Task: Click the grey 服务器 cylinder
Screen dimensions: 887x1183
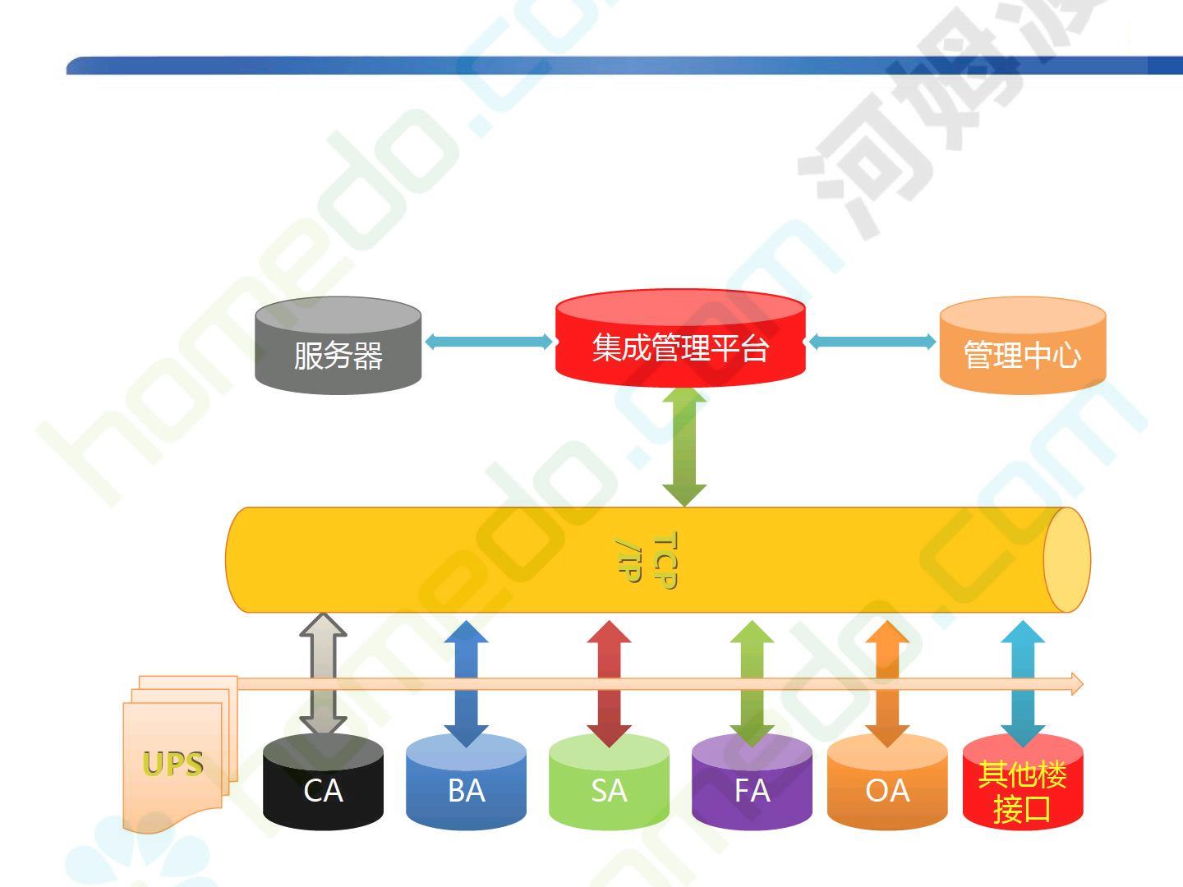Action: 338,347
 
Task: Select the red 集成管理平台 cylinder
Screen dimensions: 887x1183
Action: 680,338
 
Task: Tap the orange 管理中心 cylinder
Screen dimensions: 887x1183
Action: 1022,347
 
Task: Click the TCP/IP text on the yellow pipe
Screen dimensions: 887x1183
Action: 647,560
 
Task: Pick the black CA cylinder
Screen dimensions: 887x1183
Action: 323,784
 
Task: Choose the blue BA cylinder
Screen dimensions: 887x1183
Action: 466,784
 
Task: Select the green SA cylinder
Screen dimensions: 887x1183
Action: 609,784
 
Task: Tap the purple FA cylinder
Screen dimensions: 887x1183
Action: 752,784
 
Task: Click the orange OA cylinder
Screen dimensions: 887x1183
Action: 887,784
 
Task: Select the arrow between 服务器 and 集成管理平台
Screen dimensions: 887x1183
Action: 489,342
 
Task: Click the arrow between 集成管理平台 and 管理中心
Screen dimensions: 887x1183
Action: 872,342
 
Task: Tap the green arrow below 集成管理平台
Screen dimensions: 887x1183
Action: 684,447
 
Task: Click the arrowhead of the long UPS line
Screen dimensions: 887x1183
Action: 1076,684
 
